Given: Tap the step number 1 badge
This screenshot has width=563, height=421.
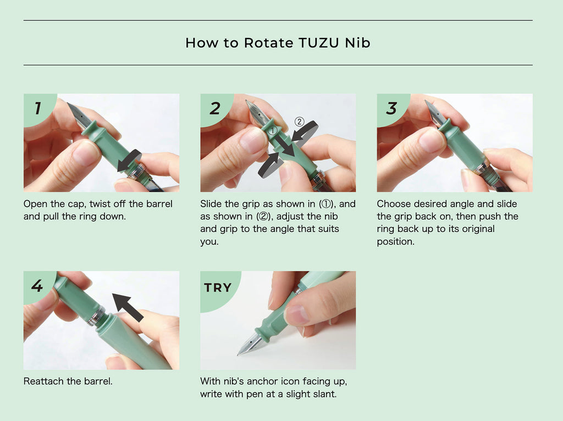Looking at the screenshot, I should (37, 108).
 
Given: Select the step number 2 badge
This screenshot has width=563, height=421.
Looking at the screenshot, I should (214, 108).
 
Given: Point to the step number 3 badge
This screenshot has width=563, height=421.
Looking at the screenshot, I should (391, 108).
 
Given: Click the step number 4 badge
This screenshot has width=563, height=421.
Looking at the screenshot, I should (37, 286).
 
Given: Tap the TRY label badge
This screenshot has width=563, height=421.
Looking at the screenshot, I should (218, 287).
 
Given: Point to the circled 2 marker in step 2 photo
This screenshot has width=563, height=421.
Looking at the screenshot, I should (299, 121).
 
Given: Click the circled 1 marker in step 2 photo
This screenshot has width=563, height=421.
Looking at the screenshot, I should (273, 131).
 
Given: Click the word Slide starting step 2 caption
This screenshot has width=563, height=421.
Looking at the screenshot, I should (211, 204).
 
